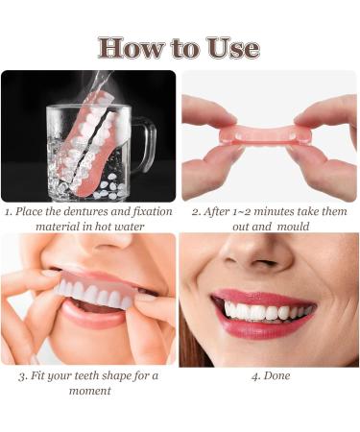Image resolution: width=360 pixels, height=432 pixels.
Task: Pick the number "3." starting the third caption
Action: (x=24, y=375)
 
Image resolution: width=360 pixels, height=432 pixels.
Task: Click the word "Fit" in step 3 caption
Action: (x=42, y=375)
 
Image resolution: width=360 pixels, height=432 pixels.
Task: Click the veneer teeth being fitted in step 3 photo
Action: (x=91, y=293)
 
